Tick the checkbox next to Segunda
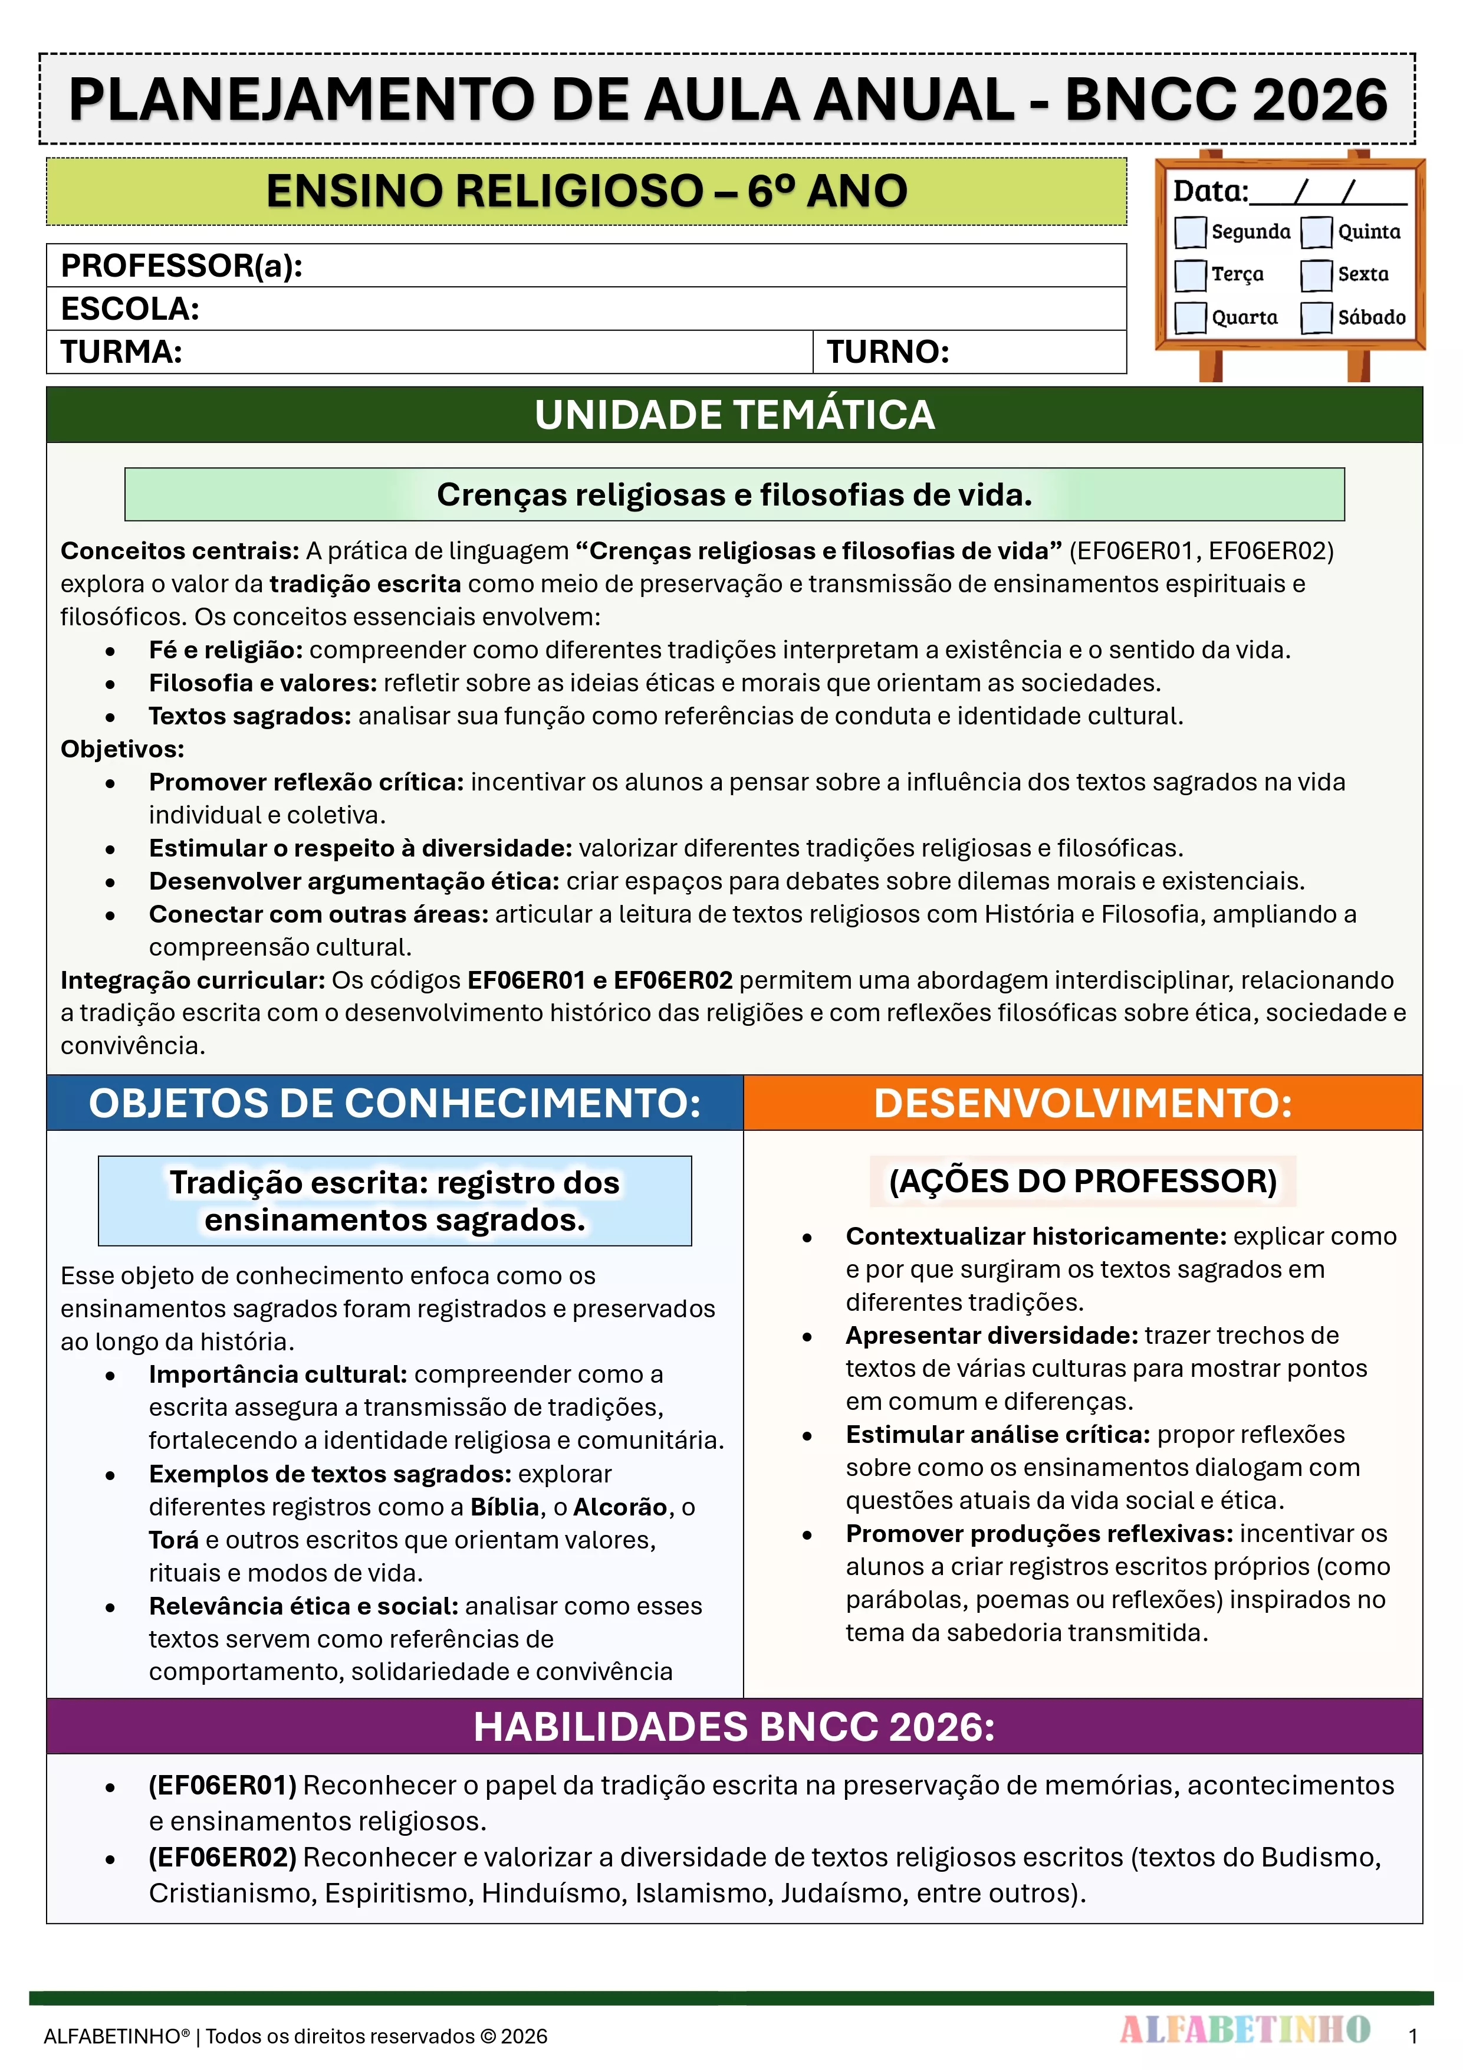(x=1190, y=232)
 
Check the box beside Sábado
(x=1316, y=317)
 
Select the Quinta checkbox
(x=1316, y=232)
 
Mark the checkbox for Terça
(x=1190, y=274)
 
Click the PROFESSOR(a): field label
(x=181, y=266)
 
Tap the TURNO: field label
(x=888, y=352)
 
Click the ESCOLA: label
(x=130, y=309)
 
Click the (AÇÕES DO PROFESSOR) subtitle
(x=1083, y=1181)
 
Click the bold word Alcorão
(x=620, y=1507)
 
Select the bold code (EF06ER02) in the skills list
(x=222, y=1857)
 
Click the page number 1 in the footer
(x=1412, y=2036)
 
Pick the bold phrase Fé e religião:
(x=225, y=650)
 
